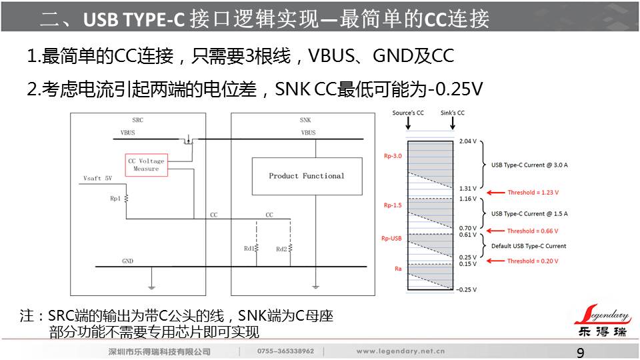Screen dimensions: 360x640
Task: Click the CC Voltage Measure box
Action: [146, 165]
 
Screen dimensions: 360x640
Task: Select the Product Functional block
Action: [307, 176]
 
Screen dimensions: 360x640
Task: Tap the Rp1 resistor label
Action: [115, 199]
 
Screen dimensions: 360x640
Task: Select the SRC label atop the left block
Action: [137, 120]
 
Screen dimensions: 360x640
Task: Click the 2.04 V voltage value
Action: [468, 141]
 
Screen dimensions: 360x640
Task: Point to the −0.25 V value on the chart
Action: [467, 289]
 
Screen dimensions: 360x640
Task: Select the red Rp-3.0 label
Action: [391, 156]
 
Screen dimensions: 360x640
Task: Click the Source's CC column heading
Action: [408, 113]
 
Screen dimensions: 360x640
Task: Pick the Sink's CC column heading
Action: [453, 113]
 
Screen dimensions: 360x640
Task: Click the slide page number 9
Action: [580, 353]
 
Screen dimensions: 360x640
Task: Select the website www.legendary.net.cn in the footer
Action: [401, 351]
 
